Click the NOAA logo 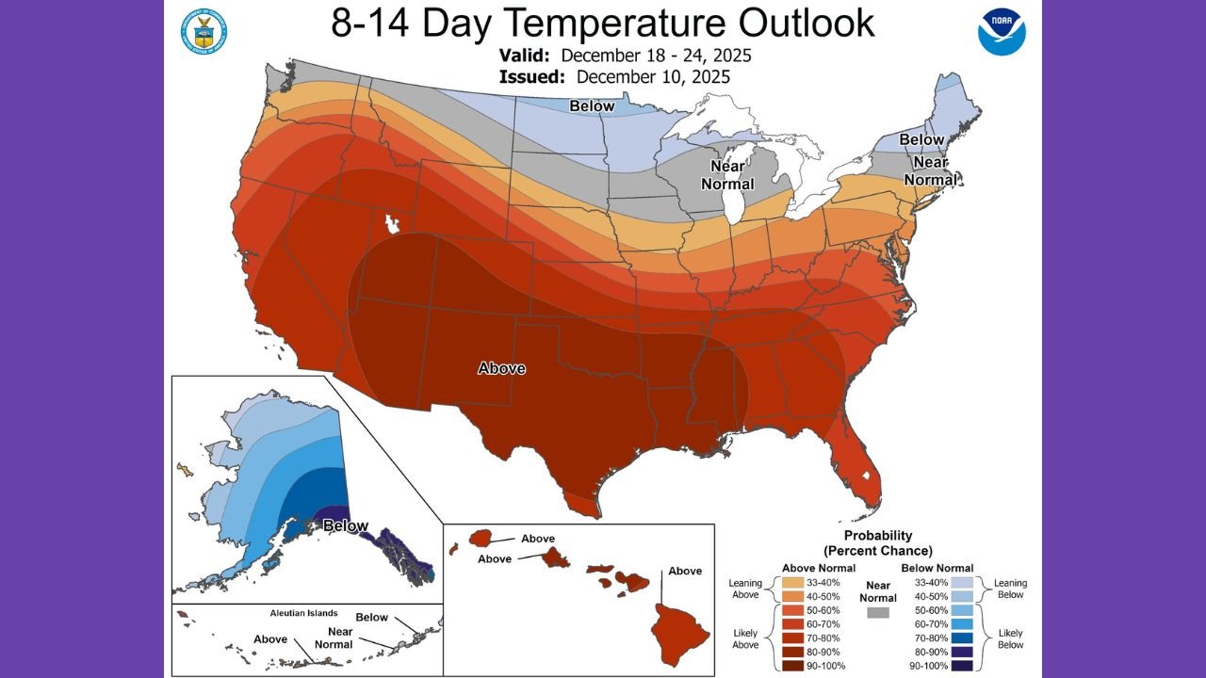[1002, 31]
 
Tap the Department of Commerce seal [204, 31]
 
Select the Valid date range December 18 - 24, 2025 [656, 56]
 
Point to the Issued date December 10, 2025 [653, 77]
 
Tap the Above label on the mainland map [501, 368]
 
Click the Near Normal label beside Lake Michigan [728, 174]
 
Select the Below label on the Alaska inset [345, 525]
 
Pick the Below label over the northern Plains [592, 106]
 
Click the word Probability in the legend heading [878, 536]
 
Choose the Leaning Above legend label [745, 589]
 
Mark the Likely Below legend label [1010, 638]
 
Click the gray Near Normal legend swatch [878, 612]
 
